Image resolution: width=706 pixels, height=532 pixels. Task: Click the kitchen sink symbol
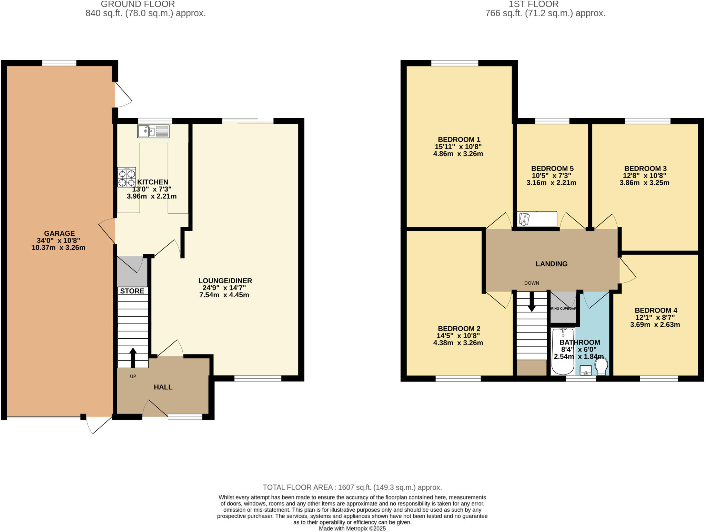pos(153,131)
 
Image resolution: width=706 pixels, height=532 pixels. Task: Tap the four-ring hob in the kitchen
pos(126,177)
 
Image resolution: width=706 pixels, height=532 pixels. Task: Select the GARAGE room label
pos(59,233)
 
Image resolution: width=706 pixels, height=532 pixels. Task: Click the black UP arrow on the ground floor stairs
pos(133,357)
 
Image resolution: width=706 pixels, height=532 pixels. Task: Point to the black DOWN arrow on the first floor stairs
pos(532,301)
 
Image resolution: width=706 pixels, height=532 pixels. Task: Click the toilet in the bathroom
pos(601,366)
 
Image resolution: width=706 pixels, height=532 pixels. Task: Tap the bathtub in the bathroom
pos(562,351)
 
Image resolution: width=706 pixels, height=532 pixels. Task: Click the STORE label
pos(132,291)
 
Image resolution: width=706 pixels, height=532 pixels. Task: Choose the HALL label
pos(163,387)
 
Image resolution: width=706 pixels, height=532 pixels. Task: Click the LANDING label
pos(551,264)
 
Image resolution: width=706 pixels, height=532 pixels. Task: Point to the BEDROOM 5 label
pos(552,168)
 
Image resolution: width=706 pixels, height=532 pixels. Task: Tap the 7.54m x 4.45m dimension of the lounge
pos(224,295)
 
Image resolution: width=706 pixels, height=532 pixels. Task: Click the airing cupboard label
pos(563,308)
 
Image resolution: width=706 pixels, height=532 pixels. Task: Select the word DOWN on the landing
pos(532,283)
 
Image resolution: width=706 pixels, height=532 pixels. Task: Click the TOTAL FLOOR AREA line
pos(352,487)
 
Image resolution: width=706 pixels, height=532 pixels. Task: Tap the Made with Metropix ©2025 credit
pos(352,528)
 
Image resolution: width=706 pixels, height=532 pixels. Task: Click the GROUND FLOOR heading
pos(138,4)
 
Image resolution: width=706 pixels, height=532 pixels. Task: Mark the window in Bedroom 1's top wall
pos(454,63)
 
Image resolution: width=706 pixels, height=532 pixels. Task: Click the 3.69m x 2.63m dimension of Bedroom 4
pos(655,325)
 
